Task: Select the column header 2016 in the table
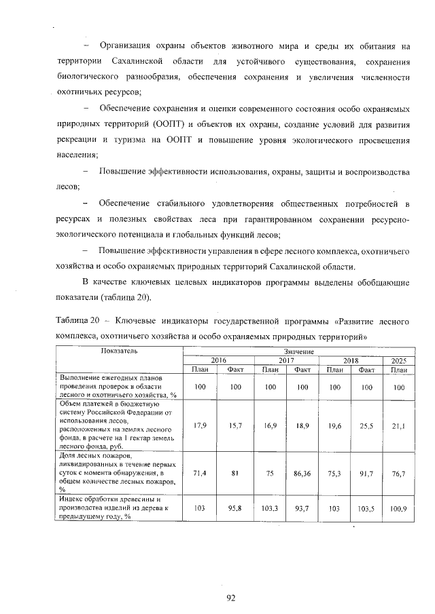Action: [x=218, y=360]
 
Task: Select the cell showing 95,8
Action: [x=234, y=508]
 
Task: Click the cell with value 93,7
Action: [x=302, y=508]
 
